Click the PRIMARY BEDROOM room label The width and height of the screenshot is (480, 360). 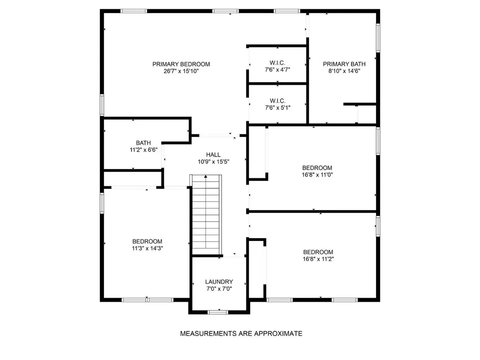point(181,64)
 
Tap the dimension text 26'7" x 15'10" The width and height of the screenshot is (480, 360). point(181,71)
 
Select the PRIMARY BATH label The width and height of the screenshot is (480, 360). point(344,64)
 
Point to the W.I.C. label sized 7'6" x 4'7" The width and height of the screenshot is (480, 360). point(277,63)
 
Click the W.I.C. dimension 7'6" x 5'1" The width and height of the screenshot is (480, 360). point(277,108)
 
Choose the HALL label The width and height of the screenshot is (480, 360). point(213,154)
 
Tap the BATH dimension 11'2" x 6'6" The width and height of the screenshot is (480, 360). point(143,149)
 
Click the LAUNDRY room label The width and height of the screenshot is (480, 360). point(219,281)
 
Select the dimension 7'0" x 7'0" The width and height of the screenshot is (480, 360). point(219,288)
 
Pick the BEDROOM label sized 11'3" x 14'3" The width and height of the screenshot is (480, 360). point(147,241)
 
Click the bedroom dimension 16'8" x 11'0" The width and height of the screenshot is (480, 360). point(317,175)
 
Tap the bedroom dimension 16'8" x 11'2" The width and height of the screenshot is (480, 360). point(318,259)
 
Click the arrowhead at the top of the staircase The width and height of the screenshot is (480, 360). point(205,176)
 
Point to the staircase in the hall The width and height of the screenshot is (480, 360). point(205,214)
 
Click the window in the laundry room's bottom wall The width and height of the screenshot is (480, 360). point(218,312)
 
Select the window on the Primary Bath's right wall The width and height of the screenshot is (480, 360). point(378,38)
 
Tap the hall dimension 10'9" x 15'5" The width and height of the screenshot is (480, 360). point(213,161)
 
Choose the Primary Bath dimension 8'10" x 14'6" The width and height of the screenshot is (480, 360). point(344,71)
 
